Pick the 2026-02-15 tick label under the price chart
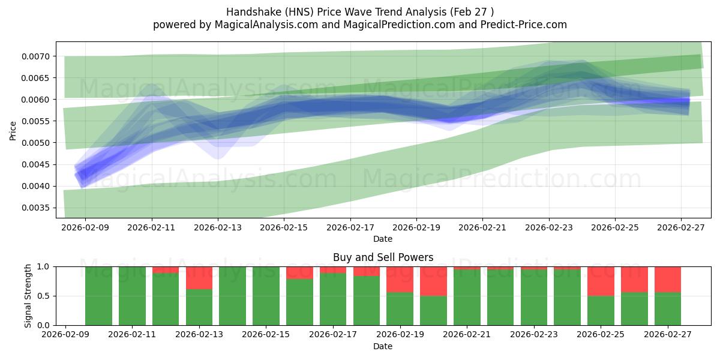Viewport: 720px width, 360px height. click(284, 227)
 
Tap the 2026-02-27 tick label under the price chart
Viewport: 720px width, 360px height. click(681, 227)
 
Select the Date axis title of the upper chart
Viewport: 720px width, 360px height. click(383, 239)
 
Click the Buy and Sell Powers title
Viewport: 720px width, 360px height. click(383, 257)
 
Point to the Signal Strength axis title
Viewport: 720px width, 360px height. click(28, 296)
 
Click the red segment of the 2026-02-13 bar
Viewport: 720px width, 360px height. click(199, 278)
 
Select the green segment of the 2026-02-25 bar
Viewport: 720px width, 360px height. click(601, 310)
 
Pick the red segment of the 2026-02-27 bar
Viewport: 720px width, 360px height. click(667, 279)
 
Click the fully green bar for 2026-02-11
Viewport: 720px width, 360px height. click(132, 296)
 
